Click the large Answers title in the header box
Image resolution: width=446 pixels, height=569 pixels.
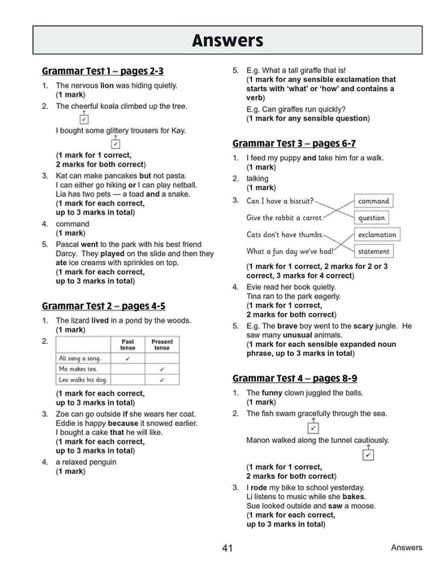coord(223,41)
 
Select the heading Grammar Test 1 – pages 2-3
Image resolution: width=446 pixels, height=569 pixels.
coord(107,72)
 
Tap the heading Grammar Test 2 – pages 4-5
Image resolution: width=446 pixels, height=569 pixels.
coord(103,306)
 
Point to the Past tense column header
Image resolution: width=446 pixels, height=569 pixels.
coord(128,344)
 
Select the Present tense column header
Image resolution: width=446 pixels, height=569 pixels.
coord(162,344)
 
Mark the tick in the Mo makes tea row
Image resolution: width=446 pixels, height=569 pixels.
coord(162,368)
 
